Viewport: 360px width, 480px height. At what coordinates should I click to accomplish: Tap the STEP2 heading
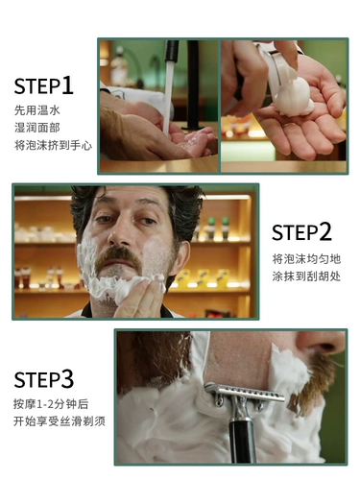click(301, 232)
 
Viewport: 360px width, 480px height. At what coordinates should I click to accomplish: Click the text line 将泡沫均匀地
click(305, 258)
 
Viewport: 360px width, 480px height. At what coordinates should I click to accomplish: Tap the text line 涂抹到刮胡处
click(305, 276)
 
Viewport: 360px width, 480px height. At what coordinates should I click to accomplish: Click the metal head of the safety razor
click(244, 393)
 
